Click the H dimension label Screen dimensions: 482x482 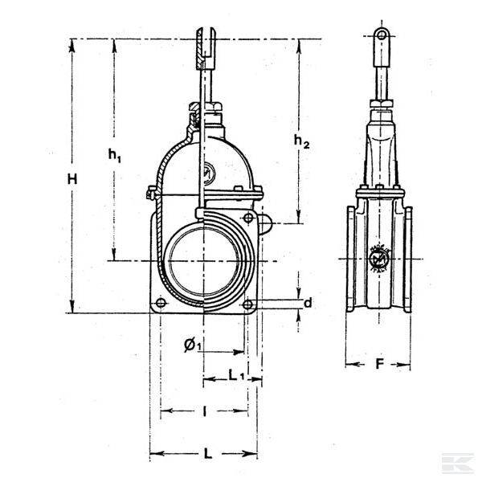point(72,181)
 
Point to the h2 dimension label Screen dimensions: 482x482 point(301,141)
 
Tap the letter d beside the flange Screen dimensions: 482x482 point(307,303)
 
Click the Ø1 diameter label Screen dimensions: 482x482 point(192,345)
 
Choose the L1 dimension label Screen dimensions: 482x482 point(236,374)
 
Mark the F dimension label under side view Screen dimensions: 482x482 point(379,364)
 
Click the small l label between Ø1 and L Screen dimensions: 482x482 point(204,411)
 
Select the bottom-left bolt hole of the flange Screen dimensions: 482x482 point(161,304)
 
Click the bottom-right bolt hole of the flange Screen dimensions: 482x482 point(248,304)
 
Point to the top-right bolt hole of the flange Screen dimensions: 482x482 point(248,218)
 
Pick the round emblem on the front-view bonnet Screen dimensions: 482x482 point(208,171)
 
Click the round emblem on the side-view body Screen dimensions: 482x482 point(378,258)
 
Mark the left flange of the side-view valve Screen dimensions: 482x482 point(351,261)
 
